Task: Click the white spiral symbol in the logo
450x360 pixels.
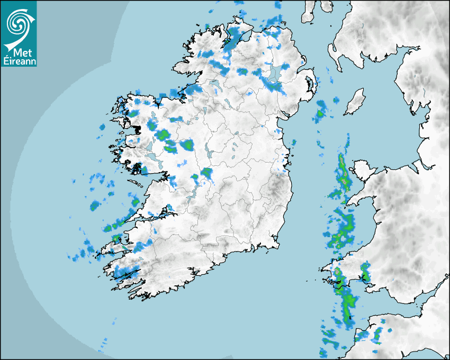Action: pos(17,22)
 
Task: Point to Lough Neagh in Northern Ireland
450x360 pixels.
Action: pos(275,74)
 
